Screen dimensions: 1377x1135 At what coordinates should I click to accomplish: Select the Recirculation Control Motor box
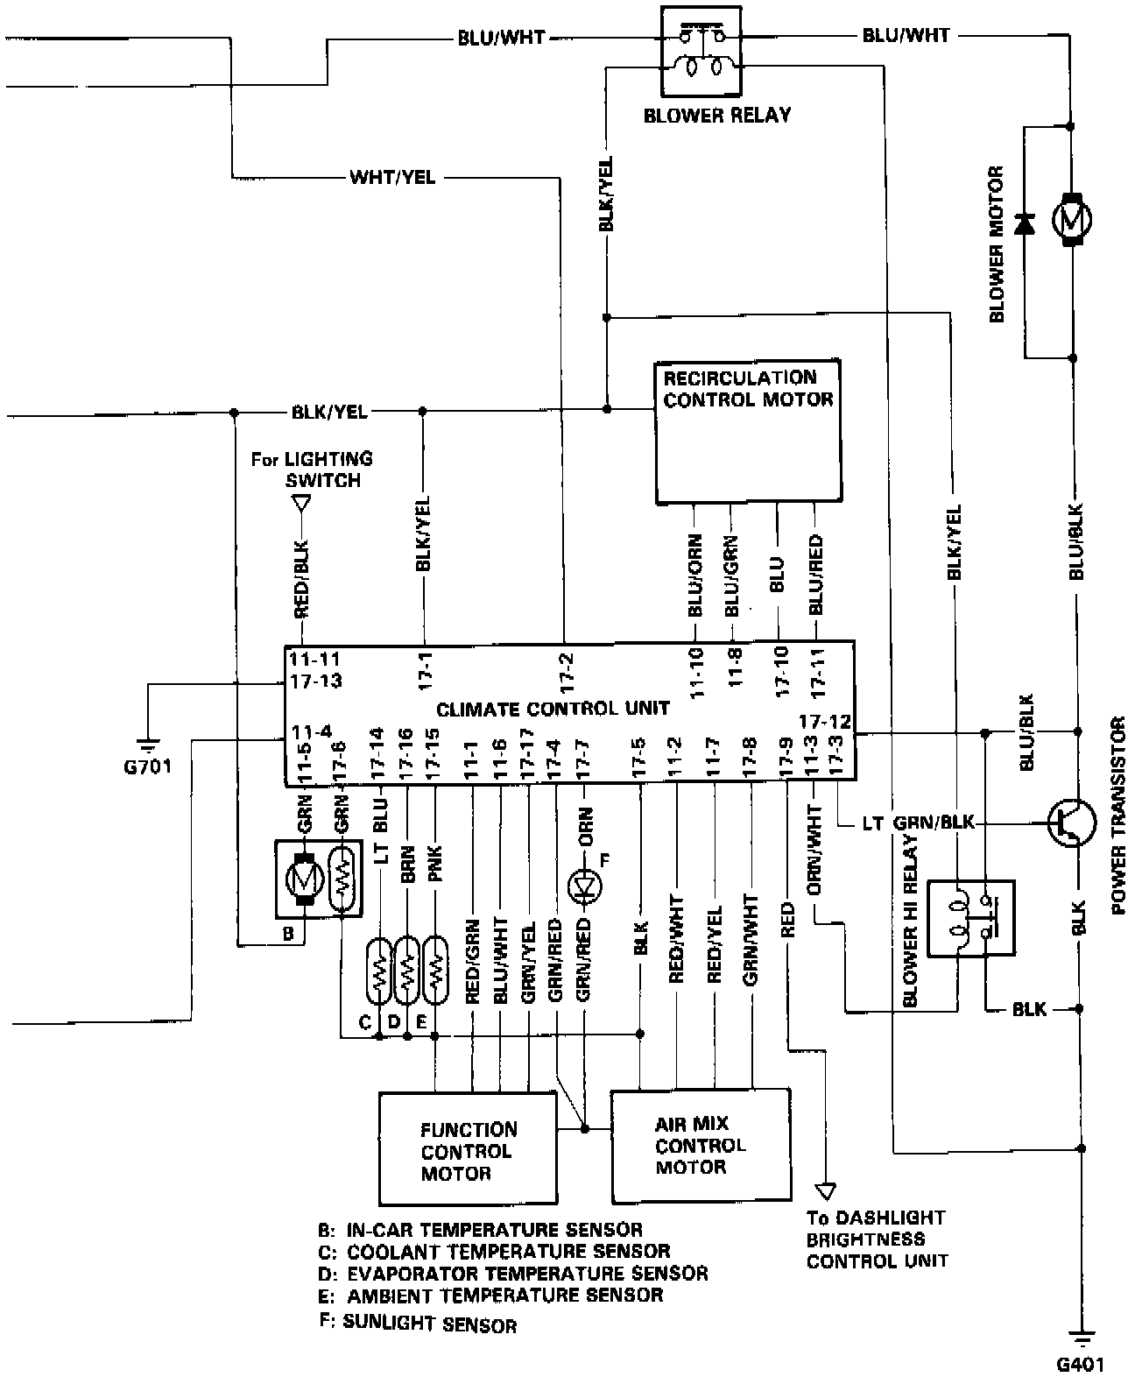pos(749,431)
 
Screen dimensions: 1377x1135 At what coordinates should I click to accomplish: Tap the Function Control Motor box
pos(468,1147)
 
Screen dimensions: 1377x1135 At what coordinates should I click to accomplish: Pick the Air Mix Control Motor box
pos(700,1144)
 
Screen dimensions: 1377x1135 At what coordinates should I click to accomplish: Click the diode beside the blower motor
pos(1024,223)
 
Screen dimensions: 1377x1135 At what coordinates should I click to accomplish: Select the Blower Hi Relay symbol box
pos(971,918)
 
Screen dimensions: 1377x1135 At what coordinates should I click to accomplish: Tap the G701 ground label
pos(148,767)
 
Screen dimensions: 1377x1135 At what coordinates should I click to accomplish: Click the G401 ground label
pos(1080,1364)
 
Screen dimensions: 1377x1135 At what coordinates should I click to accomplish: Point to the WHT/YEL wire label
pos(391,178)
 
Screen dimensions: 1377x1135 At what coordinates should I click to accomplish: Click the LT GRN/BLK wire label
pos(918,823)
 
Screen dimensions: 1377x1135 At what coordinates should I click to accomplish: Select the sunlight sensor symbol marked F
pos(583,886)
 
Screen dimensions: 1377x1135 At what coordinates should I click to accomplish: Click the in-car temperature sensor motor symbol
pos(304,879)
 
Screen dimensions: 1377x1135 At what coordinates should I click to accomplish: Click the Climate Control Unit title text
pos(553,709)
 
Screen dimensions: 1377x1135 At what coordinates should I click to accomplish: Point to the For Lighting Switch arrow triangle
pos(301,505)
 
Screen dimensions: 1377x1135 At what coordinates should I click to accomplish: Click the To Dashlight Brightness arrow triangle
pos(824,1191)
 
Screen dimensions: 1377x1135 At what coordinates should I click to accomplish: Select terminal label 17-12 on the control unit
pos(825,723)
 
